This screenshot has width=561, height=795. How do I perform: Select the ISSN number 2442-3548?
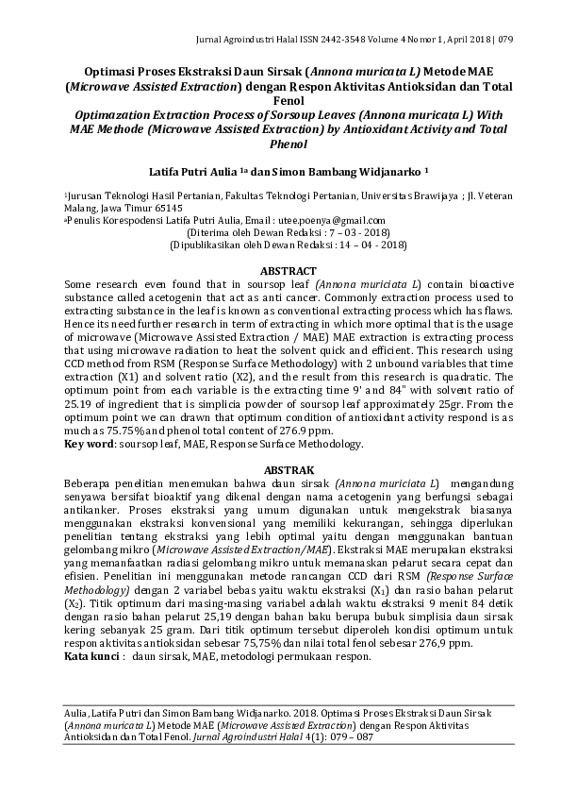pyautogui.click(x=305, y=41)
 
